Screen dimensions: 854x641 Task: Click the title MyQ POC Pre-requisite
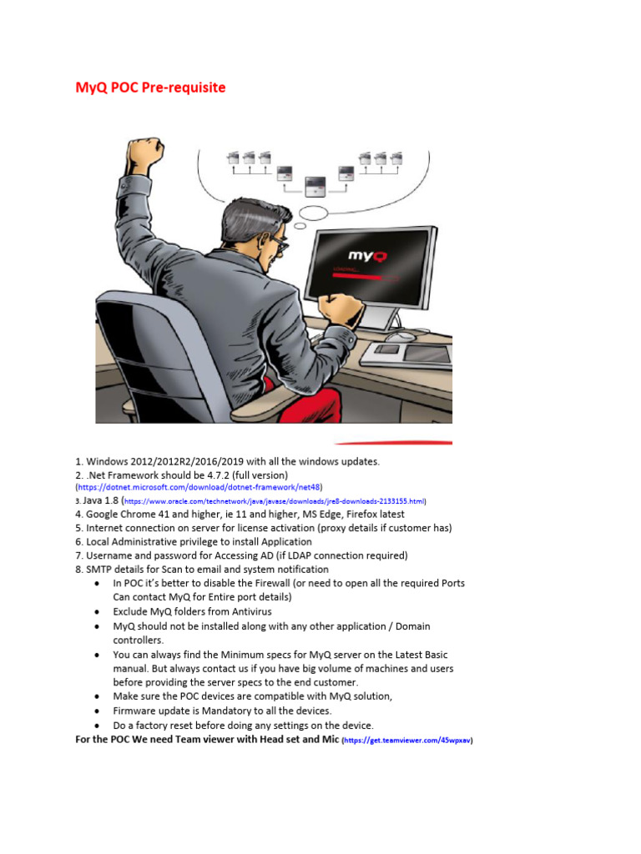pos(150,88)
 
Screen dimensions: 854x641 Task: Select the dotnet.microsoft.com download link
pos(199,486)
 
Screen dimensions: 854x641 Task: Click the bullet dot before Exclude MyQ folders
pos(100,611)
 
